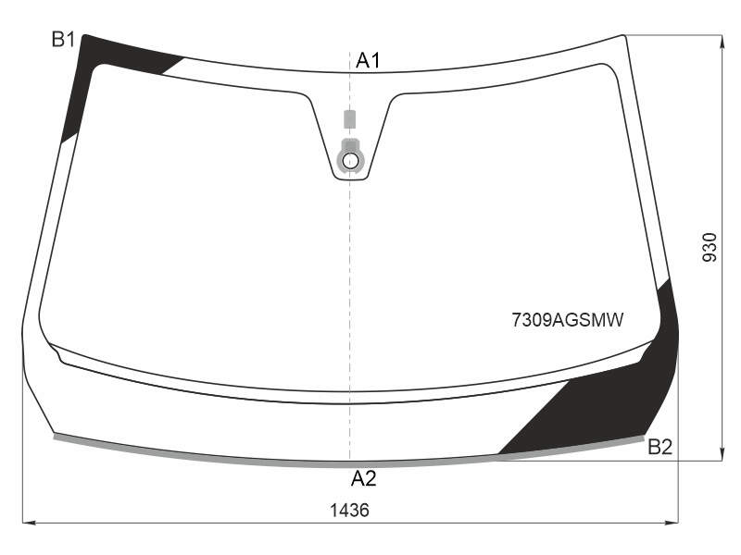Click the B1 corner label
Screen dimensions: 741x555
point(63,40)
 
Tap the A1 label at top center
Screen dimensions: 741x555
point(368,60)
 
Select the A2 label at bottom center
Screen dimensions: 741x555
point(363,478)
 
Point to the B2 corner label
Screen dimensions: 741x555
point(659,447)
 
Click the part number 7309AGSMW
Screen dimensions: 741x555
point(568,320)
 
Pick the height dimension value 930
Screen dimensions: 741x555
point(710,247)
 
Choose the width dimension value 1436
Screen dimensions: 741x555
point(349,511)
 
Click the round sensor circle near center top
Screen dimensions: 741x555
point(350,161)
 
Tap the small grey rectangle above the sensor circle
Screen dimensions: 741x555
point(349,119)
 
